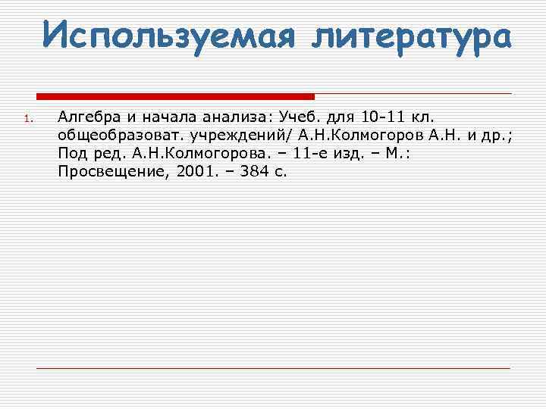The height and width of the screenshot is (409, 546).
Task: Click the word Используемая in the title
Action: point(166,34)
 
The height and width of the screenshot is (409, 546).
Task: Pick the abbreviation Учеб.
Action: point(301,117)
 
